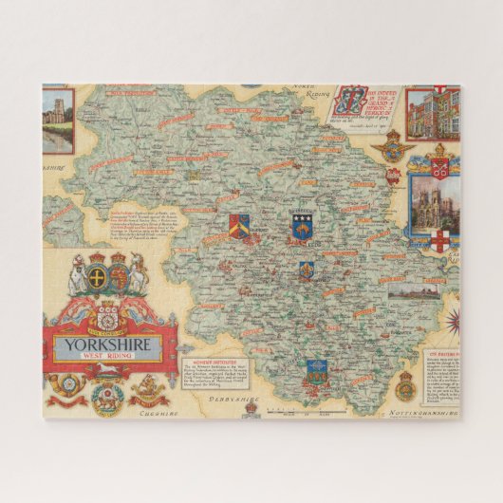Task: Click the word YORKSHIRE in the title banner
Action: (x=110, y=345)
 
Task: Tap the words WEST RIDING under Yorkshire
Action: (x=110, y=359)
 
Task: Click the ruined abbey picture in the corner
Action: (x=58, y=120)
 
